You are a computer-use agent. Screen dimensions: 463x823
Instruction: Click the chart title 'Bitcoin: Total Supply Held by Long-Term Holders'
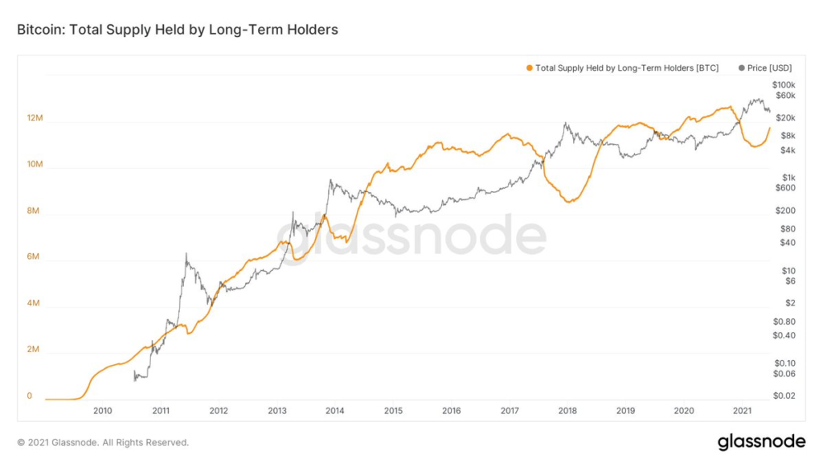tap(178, 30)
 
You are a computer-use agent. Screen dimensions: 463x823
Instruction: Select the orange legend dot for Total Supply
tap(529, 68)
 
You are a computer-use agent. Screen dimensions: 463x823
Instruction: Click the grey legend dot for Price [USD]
tap(741, 68)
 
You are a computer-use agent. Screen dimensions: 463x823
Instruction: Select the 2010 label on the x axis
tap(102, 411)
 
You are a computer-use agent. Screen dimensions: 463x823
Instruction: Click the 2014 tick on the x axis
tap(335, 411)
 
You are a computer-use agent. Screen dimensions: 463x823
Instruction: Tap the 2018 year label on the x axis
tap(567, 411)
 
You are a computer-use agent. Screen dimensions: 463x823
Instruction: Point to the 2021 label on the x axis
tap(743, 411)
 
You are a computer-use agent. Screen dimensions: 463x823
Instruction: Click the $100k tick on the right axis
tap(783, 84)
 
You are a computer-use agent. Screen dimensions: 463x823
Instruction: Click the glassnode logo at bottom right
tap(761, 441)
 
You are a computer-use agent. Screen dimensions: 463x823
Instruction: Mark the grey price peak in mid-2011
tap(186, 254)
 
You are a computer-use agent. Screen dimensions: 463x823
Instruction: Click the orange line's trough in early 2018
tap(568, 202)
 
